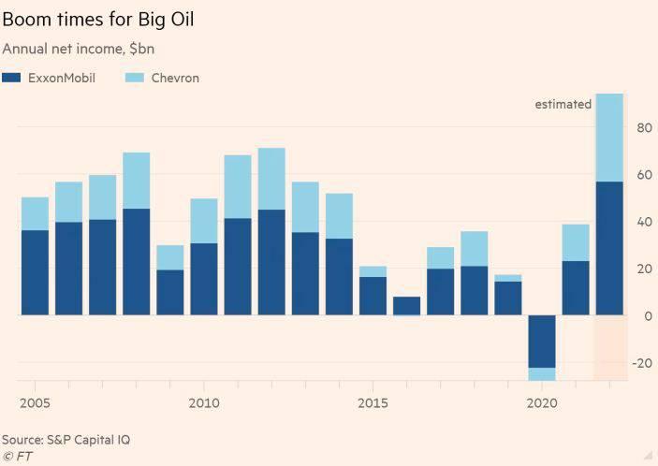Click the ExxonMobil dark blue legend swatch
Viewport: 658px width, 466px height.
click(x=12, y=78)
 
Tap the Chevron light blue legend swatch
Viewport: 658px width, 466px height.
click(x=133, y=78)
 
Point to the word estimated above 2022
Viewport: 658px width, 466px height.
click(x=563, y=104)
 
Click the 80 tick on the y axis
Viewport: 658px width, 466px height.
click(x=645, y=127)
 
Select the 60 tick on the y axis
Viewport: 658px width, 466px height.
click(x=645, y=175)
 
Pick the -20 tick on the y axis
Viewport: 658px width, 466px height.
click(x=642, y=363)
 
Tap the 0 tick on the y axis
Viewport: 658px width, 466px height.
click(x=648, y=316)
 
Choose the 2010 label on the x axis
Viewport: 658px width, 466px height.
click(x=204, y=402)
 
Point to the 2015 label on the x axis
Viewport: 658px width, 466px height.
click(x=373, y=402)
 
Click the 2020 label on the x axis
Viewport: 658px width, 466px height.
click(x=541, y=402)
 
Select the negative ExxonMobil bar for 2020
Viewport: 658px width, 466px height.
click(x=542, y=341)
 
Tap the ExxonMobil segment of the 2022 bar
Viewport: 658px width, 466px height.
click(x=609, y=248)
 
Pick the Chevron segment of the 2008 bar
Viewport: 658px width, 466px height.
click(x=137, y=180)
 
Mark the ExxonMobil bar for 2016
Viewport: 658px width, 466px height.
click(x=406, y=306)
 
